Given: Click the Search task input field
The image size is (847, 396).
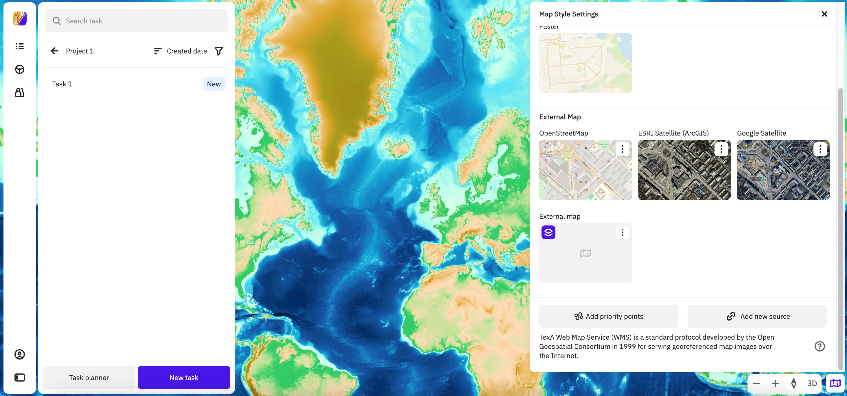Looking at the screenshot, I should click(x=136, y=21).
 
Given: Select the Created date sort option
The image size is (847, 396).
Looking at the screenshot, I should click(x=181, y=51).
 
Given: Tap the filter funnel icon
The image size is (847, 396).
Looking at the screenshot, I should click(x=219, y=51).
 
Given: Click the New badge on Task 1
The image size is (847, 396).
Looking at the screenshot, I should click(x=214, y=84).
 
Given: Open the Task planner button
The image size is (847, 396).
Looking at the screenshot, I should click(x=89, y=378).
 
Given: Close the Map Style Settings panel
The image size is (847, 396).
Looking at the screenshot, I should click(x=824, y=14).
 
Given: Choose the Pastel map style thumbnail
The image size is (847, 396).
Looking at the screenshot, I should click(x=585, y=63).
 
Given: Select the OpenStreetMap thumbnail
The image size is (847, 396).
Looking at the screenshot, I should click(x=585, y=170).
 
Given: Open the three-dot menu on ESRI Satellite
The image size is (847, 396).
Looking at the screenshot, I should click(x=721, y=149).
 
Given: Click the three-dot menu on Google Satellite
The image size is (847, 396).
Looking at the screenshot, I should click(x=820, y=149).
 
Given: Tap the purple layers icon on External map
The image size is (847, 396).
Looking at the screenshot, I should click(x=548, y=232).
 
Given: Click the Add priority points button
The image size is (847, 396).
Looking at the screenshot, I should click(x=608, y=316).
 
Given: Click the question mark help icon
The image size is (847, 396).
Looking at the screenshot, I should click(x=820, y=346).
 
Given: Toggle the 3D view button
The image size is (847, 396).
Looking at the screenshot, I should click(x=812, y=383).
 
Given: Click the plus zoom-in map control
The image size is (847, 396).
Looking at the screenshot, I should click(x=775, y=383).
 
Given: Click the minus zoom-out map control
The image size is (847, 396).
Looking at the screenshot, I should click(x=756, y=383).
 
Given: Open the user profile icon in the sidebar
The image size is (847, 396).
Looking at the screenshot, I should click(x=20, y=354).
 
